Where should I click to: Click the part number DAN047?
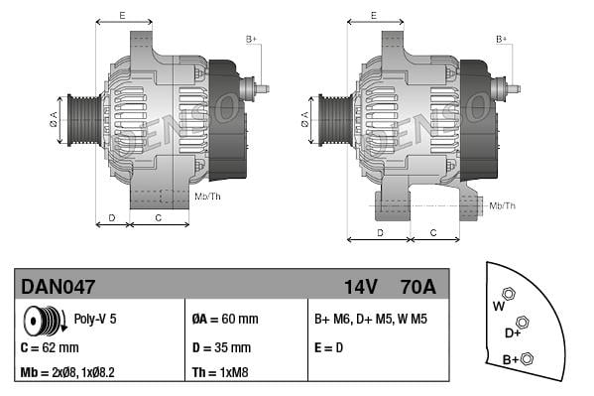pos(59,287)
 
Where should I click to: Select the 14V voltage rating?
pos(361,287)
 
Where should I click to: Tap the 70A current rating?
pos(416,287)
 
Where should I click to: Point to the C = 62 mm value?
pos(50,347)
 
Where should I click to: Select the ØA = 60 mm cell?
pos(224,319)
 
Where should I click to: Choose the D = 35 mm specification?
pos(221,347)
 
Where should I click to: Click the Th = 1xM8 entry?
pos(220,373)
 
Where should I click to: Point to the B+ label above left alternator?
pos(251,39)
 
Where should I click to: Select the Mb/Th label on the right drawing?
pos(503,205)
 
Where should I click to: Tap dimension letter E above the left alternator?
pos(121,15)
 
